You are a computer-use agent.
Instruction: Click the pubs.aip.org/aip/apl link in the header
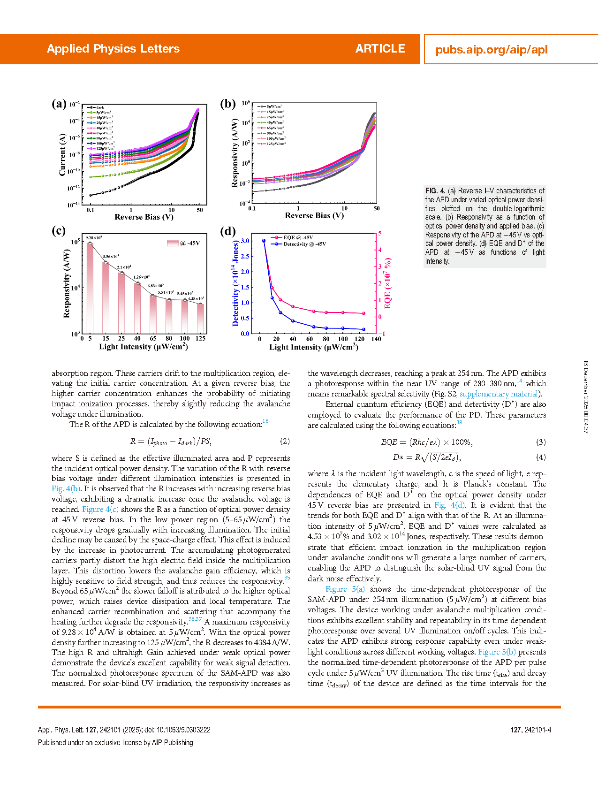(491, 50)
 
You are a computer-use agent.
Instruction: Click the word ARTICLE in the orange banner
(380, 49)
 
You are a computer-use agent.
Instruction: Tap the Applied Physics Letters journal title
(113, 49)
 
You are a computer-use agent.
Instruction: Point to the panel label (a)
(59, 104)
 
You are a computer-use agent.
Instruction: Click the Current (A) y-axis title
(62, 154)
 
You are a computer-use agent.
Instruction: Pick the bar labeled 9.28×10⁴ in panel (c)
(90, 287)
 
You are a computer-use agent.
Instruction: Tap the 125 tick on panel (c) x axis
(201, 338)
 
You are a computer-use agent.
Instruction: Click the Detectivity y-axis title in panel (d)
(236, 283)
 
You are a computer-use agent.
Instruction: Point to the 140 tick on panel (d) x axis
(376, 339)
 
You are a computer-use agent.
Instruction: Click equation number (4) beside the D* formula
(541, 457)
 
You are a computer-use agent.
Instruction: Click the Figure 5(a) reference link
(345, 589)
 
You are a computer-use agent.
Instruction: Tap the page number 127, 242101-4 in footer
(530, 730)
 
